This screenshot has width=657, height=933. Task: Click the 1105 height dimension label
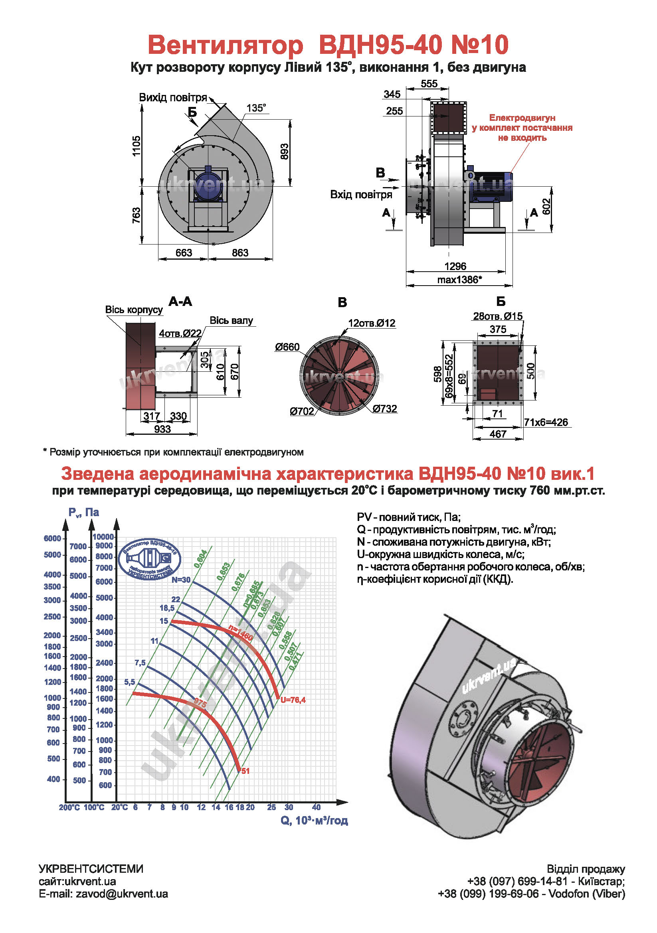(136, 146)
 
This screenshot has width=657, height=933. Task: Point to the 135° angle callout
(256, 108)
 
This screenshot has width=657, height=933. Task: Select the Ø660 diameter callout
(287, 347)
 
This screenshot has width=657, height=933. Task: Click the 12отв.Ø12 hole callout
(372, 323)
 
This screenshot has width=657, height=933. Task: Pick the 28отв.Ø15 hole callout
(498, 316)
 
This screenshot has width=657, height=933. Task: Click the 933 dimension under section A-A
(162, 429)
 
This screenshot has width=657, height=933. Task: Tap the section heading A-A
(180, 302)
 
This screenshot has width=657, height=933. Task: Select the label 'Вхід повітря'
(361, 195)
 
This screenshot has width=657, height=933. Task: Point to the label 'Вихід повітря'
(173, 97)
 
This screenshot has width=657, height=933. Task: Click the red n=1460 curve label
(241, 632)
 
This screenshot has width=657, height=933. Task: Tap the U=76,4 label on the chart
(293, 700)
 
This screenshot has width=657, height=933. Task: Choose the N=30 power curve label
(181, 580)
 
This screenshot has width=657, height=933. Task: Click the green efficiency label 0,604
(201, 559)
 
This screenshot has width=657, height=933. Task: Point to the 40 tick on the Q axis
(316, 807)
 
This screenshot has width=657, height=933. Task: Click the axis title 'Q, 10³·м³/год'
(314, 821)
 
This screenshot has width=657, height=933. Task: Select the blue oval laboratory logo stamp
(149, 559)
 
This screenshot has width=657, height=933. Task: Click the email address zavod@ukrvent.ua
(122, 894)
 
